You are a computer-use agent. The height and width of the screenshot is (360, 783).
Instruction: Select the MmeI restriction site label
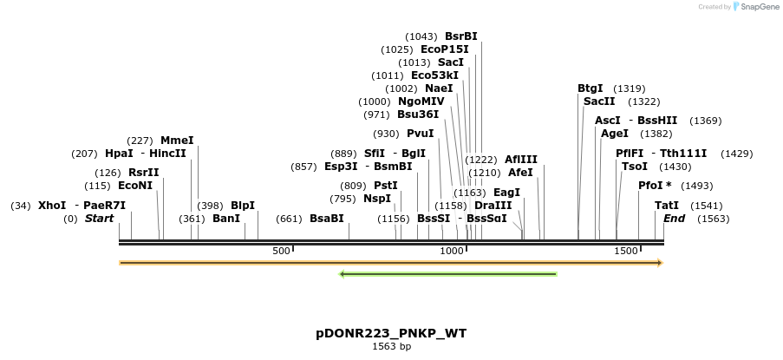coord(177,140)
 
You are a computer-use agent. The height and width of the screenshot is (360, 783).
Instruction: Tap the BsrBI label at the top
coord(460,36)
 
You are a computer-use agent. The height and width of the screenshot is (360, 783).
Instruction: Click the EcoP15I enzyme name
coord(443,49)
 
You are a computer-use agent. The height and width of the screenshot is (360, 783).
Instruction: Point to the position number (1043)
coord(421,36)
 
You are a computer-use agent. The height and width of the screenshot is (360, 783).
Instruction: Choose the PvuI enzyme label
coord(420,134)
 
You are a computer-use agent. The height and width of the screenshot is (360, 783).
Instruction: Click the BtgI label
coord(591,88)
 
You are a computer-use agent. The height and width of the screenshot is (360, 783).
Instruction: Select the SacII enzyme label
coord(599,101)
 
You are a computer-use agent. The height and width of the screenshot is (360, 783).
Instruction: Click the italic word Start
coord(99,219)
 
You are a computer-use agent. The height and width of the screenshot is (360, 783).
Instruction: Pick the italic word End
coord(674,219)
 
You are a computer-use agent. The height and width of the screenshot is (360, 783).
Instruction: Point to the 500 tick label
coord(282,251)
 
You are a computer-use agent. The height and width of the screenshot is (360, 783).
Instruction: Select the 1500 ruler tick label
coord(626,251)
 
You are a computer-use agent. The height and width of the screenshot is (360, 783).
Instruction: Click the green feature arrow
coord(447,274)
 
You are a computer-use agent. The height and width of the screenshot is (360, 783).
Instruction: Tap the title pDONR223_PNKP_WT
coord(391,333)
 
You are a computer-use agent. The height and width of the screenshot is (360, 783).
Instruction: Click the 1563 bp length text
coord(391,347)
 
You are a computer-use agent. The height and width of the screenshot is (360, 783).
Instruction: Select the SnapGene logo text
coord(760,7)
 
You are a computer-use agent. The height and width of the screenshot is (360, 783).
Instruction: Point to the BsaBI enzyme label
coord(327,219)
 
